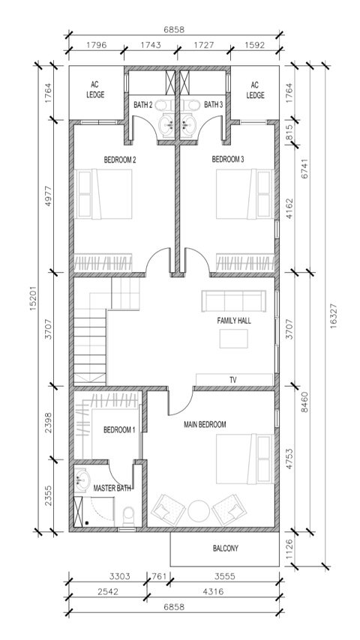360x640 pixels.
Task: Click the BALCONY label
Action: (x=225, y=548)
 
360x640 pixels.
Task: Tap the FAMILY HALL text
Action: (x=234, y=321)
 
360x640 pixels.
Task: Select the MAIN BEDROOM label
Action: (x=205, y=424)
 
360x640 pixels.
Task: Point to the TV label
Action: (x=233, y=380)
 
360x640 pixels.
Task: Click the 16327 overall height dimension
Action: (x=334, y=315)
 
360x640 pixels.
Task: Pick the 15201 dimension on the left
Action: (x=34, y=298)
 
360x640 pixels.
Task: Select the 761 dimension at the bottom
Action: (x=159, y=576)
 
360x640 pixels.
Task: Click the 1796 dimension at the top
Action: (x=97, y=45)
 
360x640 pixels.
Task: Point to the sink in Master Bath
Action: (x=82, y=480)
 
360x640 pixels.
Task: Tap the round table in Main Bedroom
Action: (x=199, y=510)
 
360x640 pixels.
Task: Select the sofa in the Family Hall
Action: (x=234, y=301)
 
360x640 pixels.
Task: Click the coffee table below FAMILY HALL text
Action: (x=233, y=339)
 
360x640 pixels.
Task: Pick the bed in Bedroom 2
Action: (x=103, y=194)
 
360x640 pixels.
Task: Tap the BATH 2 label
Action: (x=143, y=106)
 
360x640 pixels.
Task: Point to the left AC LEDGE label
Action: (x=95, y=90)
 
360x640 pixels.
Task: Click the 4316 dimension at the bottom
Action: (x=213, y=591)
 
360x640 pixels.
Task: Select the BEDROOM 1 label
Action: (x=119, y=430)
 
